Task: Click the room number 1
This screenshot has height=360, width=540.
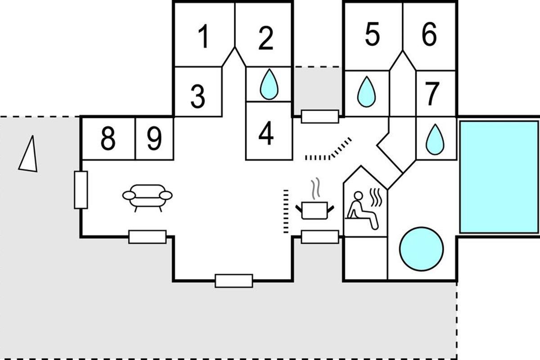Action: [x=204, y=37]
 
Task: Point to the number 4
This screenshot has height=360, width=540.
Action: [x=266, y=134]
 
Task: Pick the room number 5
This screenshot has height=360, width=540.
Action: [x=372, y=35]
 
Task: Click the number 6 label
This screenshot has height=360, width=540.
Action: [x=429, y=35]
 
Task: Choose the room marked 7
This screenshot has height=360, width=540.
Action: [x=432, y=94]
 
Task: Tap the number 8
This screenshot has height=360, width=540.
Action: [x=108, y=139]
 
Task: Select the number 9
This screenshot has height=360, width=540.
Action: [x=154, y=139]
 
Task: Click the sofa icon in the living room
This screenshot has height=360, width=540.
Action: [x=148, y=196]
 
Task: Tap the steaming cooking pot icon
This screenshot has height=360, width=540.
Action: [x=315, y=205]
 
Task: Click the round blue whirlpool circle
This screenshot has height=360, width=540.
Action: [x=422, y=248]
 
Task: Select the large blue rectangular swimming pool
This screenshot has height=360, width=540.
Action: [x=499, y=177]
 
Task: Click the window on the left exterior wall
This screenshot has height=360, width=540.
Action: [x=81, y=190]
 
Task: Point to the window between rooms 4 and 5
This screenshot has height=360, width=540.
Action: [x=319, y=116]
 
